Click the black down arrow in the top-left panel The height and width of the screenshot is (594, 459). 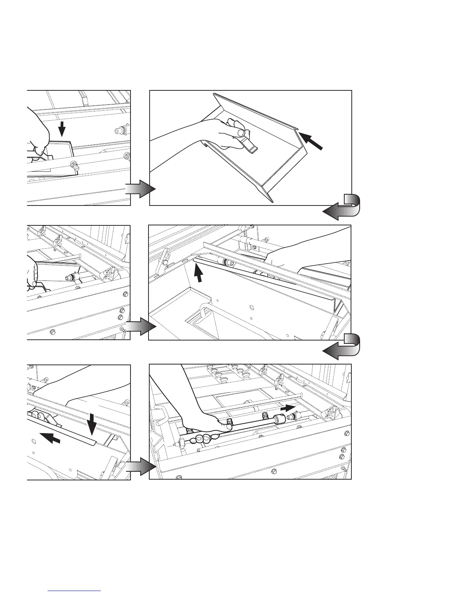pos(62,130)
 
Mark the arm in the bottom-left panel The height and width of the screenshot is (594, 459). pos(75,390)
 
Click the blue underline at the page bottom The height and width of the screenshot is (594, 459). pos(75,591)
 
